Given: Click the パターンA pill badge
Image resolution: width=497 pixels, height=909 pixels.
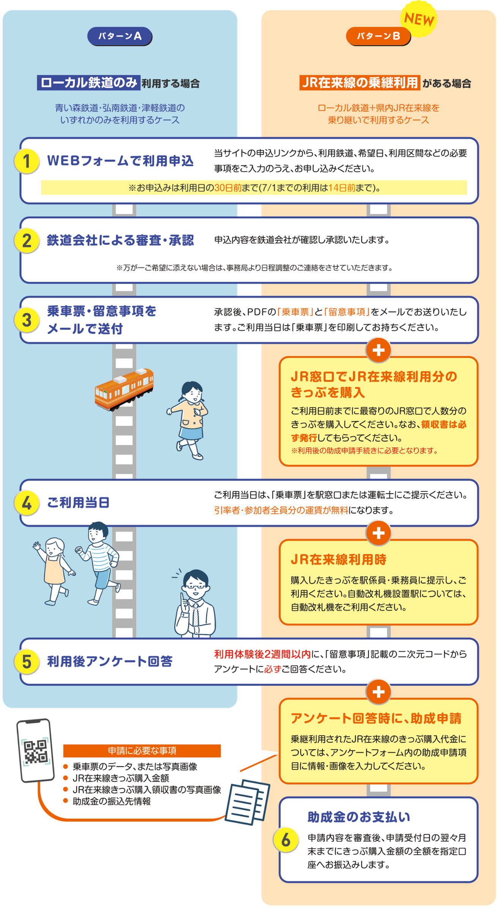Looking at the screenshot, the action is click(120, 36).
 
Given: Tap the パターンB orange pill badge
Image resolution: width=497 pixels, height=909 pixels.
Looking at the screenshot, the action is click(378, 36).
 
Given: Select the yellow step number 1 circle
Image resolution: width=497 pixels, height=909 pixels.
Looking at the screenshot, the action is click(27, 161).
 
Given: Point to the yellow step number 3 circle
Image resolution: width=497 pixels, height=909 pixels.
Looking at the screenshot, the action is click(27, 320).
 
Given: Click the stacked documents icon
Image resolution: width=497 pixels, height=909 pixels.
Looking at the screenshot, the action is click(248, 802).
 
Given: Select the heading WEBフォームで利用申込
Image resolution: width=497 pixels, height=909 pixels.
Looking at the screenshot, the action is click(120, 161).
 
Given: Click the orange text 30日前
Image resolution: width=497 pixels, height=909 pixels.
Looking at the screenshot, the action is click(228, 188).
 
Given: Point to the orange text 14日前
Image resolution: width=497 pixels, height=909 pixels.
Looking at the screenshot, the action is click(342, 188).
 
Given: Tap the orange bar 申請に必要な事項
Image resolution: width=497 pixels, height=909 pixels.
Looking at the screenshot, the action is click(142, 750).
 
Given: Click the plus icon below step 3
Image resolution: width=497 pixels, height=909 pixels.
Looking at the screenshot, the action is click(378, 350).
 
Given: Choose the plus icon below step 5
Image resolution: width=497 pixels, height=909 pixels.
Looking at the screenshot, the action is click(378, 692).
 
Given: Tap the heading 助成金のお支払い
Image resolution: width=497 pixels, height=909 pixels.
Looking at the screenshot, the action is click(359, 817).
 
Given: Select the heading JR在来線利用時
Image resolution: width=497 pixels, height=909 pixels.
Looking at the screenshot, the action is click(339, 559).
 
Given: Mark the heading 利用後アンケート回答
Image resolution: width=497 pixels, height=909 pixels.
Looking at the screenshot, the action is click(110, 661).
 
